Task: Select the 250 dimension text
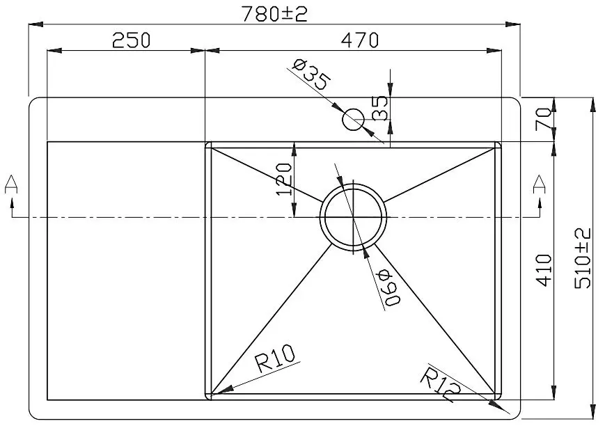[131, 40]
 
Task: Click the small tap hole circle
[353, 120]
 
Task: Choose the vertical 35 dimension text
[380, 109]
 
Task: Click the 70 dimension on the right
[545, 119]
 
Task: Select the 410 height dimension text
[544, 270]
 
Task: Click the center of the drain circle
[353, 217]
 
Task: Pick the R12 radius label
[440, 385]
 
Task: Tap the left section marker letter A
[11, 184]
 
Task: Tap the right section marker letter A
[538, 184]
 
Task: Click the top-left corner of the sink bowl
[207, 143]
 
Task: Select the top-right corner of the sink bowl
[500, 143]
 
